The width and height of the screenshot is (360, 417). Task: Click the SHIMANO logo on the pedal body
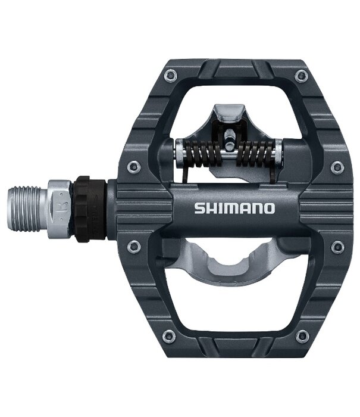tap(234, 208)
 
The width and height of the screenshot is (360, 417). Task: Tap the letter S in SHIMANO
tap(199, 208)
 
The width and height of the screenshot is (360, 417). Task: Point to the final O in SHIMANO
tap(268, 208)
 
